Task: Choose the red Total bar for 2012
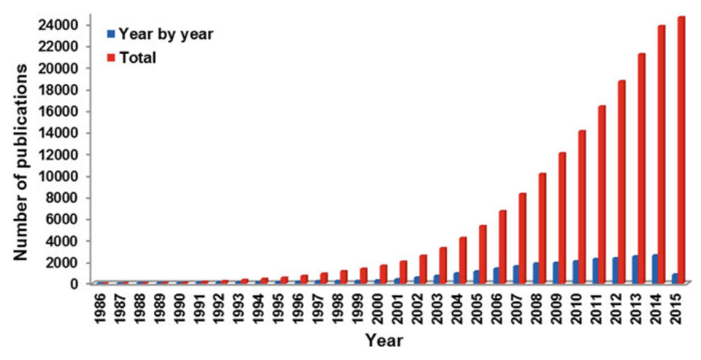click(621, 182)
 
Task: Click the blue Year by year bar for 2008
click(535, 272)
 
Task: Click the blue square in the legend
click(111, 34)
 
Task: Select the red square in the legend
click(111, 56)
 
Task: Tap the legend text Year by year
click(166, 34)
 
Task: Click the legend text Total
click(138, 57)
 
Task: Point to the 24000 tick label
click(60, 25)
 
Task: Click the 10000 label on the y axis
click(60, 176)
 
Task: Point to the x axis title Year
click(384, 340)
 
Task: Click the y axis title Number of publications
click(22, 161)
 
